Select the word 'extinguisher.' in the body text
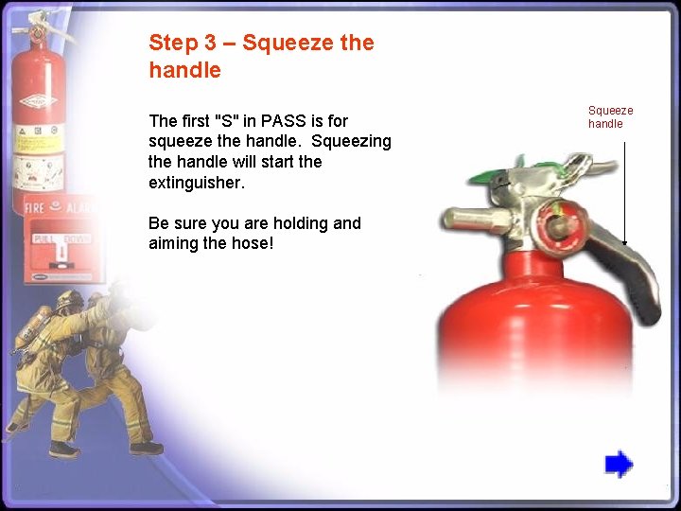197,182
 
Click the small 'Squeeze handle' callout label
610,117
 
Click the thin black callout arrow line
625,189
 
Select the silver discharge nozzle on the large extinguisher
473,220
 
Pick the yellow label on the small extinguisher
36,142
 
